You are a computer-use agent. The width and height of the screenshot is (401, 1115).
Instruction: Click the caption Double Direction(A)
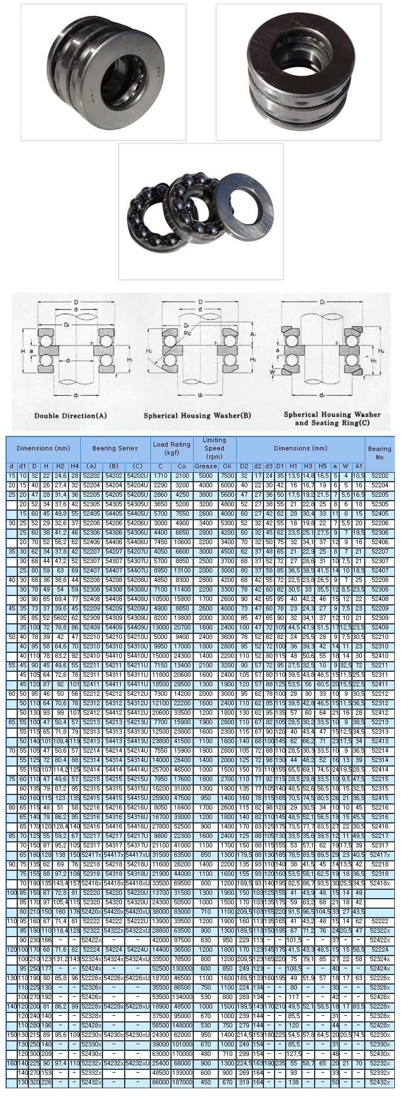[70, 415]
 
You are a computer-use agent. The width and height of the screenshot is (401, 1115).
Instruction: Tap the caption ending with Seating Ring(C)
[332, 419]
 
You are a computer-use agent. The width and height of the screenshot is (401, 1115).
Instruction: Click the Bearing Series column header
[115, 448]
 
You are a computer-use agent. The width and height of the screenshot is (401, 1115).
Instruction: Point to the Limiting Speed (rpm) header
[214, 448]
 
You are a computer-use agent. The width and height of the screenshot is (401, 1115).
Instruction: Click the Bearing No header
[379, 452]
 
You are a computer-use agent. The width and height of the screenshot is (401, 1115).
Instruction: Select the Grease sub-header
[206, 466]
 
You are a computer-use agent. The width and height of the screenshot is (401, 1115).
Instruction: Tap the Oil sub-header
[227, 466]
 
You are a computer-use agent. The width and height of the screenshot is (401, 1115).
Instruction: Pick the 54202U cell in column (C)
[138, 476]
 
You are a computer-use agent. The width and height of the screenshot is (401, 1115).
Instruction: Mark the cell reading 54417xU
[138, 855]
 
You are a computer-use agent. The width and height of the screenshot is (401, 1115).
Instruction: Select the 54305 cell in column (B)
[114, 504]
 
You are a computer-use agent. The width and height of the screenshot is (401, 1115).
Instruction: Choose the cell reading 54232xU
[138, 1063]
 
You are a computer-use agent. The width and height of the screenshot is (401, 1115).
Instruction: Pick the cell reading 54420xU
[138, 912]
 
